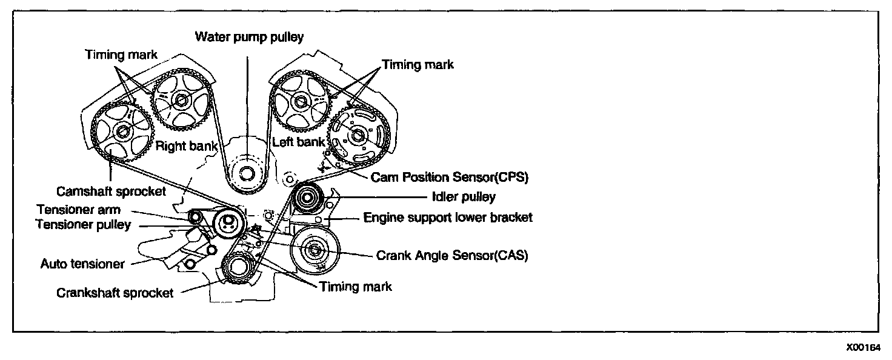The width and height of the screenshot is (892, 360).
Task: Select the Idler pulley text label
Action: (x=464, y=196)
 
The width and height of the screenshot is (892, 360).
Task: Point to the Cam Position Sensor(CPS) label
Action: (x=450, y=178)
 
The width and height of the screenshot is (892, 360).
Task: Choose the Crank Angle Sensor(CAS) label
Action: (x=452, y=256)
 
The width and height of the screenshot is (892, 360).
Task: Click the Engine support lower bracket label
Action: (x=448, y=217)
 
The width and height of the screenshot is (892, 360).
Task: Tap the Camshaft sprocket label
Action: (x=111, y=192)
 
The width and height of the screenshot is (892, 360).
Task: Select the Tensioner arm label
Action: (x=79, y=210)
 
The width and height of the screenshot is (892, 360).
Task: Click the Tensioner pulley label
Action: (x=83, y=224)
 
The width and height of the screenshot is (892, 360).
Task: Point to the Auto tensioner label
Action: (x=82, y=264)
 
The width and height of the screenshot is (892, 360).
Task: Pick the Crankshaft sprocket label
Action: (x=115, y=293)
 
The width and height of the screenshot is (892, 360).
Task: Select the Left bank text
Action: (x=298, y=143)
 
